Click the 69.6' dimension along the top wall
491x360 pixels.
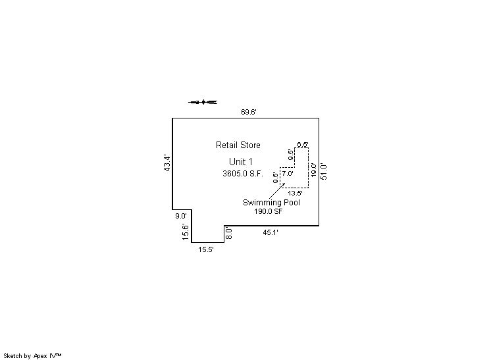tap(248, 112)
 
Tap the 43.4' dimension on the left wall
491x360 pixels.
tap(167, 163)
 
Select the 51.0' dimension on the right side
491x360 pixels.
tap(324, 171)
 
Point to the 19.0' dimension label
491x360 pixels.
tap(314, 170)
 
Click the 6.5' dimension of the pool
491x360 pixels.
tap(303, 144)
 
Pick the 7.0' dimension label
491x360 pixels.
tap(287, 174)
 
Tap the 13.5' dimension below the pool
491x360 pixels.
tap(295, 193)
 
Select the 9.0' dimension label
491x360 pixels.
tap(180, 216)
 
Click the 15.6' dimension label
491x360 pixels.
tap(186, 232)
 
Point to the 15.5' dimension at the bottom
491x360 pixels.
tap(206, 249)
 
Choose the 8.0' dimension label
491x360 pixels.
tap(229, 232)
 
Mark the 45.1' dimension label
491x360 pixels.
tap(271, 232)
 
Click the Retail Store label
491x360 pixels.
tap(238, 145)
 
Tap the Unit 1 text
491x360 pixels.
tap(240, 162)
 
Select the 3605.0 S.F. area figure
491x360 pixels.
tap(242, 174)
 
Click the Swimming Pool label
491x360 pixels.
tap(271, 203)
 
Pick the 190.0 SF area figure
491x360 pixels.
tap(268, 211)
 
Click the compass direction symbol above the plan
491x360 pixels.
tap(203, 102)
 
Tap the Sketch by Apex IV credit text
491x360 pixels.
tap(32, 355)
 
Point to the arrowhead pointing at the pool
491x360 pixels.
tap(284, 185)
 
